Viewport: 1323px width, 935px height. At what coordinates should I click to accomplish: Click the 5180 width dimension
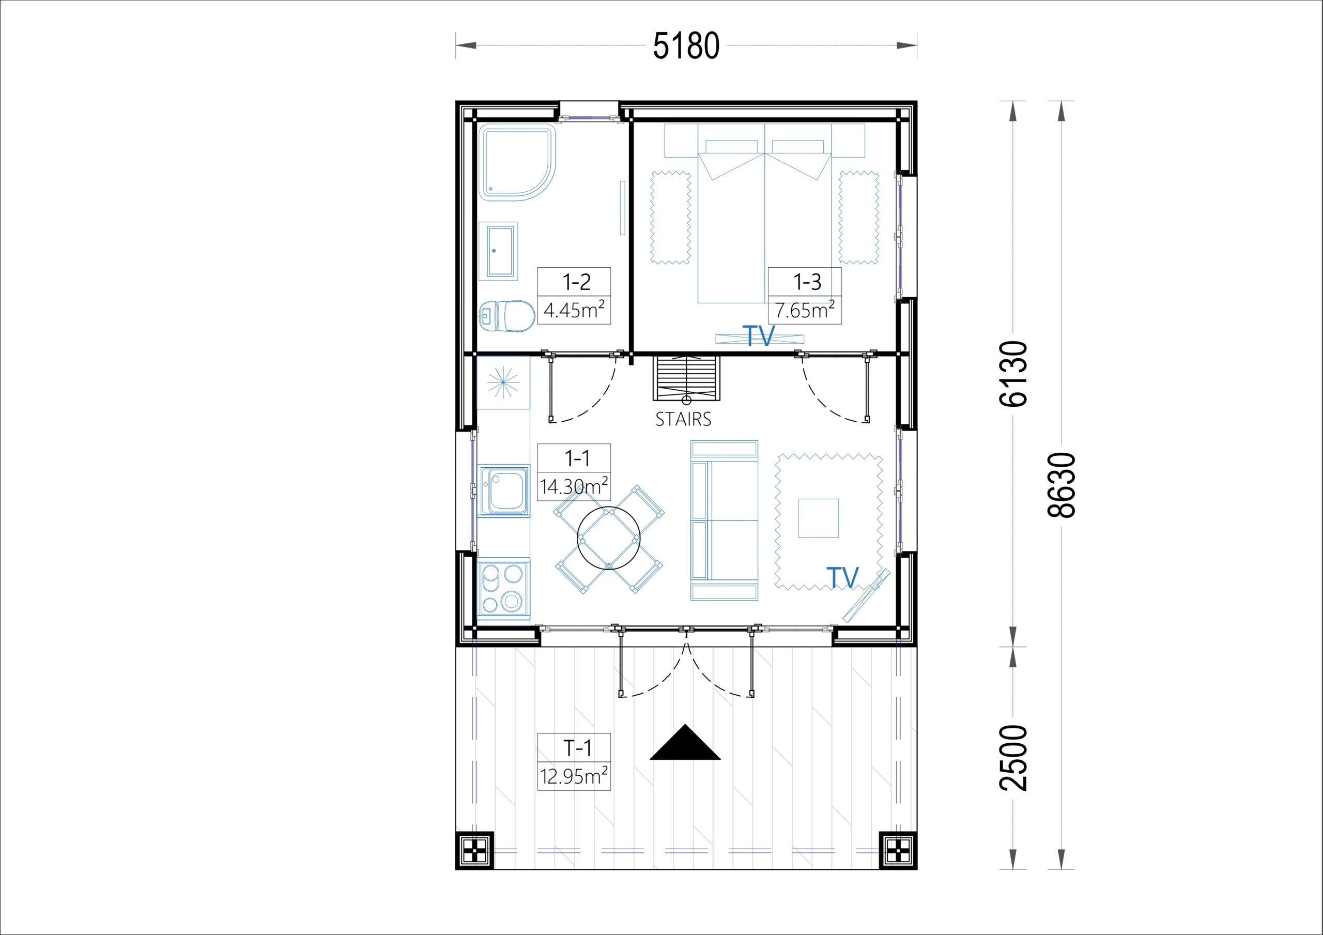[686, 45]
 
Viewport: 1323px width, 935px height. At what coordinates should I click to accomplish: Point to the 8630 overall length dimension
[1062, 485]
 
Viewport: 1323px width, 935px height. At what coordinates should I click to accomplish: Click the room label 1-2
[576, 282]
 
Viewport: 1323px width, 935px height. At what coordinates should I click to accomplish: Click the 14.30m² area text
[574, 486]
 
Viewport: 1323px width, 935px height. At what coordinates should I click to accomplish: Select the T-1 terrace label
[577, 748]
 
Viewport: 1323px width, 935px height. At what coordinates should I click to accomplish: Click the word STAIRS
[683, 419]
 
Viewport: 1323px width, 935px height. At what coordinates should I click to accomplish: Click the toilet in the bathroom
[507, 316]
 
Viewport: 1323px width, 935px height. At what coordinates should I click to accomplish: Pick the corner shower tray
[518, 162]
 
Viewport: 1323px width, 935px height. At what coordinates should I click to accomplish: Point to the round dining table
[608, 539]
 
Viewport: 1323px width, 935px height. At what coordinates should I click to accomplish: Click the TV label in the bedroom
[758, 336]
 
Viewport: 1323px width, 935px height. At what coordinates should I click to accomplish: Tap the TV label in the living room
[842, 577]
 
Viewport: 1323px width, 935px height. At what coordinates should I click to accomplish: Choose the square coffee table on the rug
[818, 518]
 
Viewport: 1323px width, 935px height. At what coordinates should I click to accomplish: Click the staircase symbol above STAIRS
[686, 379]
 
